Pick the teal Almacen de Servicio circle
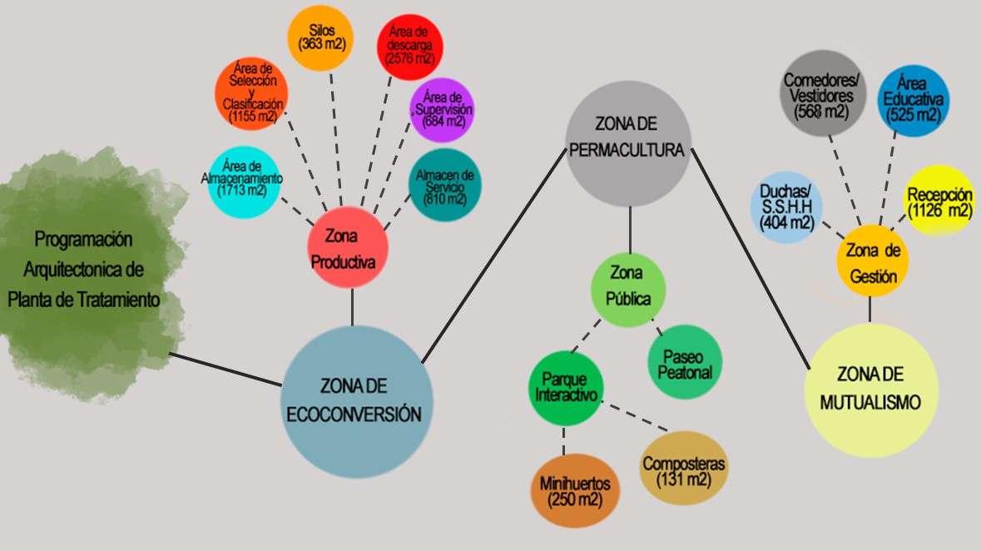click(443, 184)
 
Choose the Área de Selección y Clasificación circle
click(251, 93)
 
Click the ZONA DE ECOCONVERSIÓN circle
click(357, 402)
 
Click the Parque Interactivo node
click(566, 388)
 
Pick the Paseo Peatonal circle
click(685, 362)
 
